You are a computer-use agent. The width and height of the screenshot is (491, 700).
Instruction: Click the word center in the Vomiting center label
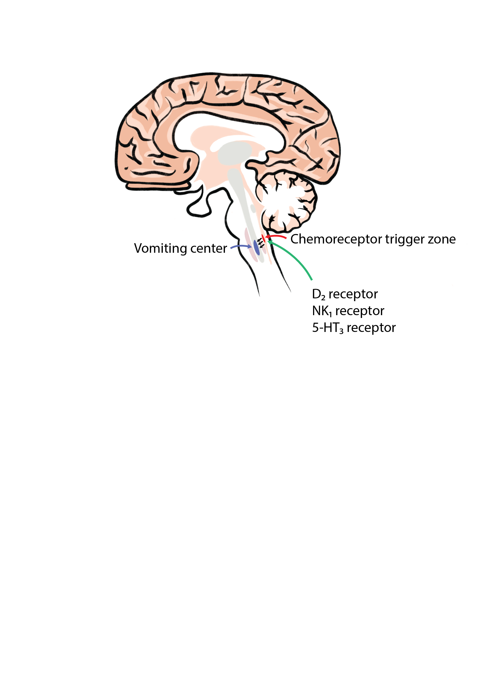[208, 249]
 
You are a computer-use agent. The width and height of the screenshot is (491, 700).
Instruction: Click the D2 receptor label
[345, 294]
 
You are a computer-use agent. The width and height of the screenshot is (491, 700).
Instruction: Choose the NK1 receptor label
[348, 311]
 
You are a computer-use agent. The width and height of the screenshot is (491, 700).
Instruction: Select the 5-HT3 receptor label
[354, 328]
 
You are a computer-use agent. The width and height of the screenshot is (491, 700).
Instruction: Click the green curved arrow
[295, 259]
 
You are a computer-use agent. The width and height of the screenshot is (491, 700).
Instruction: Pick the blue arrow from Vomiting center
[241, 246]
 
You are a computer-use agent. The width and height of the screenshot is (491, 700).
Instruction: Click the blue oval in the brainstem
[257, 247]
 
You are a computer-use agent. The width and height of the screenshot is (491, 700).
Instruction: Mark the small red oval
[263, 238]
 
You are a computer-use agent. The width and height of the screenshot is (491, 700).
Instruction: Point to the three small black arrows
[260, 243]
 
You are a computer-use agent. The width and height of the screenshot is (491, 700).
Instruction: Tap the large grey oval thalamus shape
[234, 153]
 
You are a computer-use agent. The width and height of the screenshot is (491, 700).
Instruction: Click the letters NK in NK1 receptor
[320, 311]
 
